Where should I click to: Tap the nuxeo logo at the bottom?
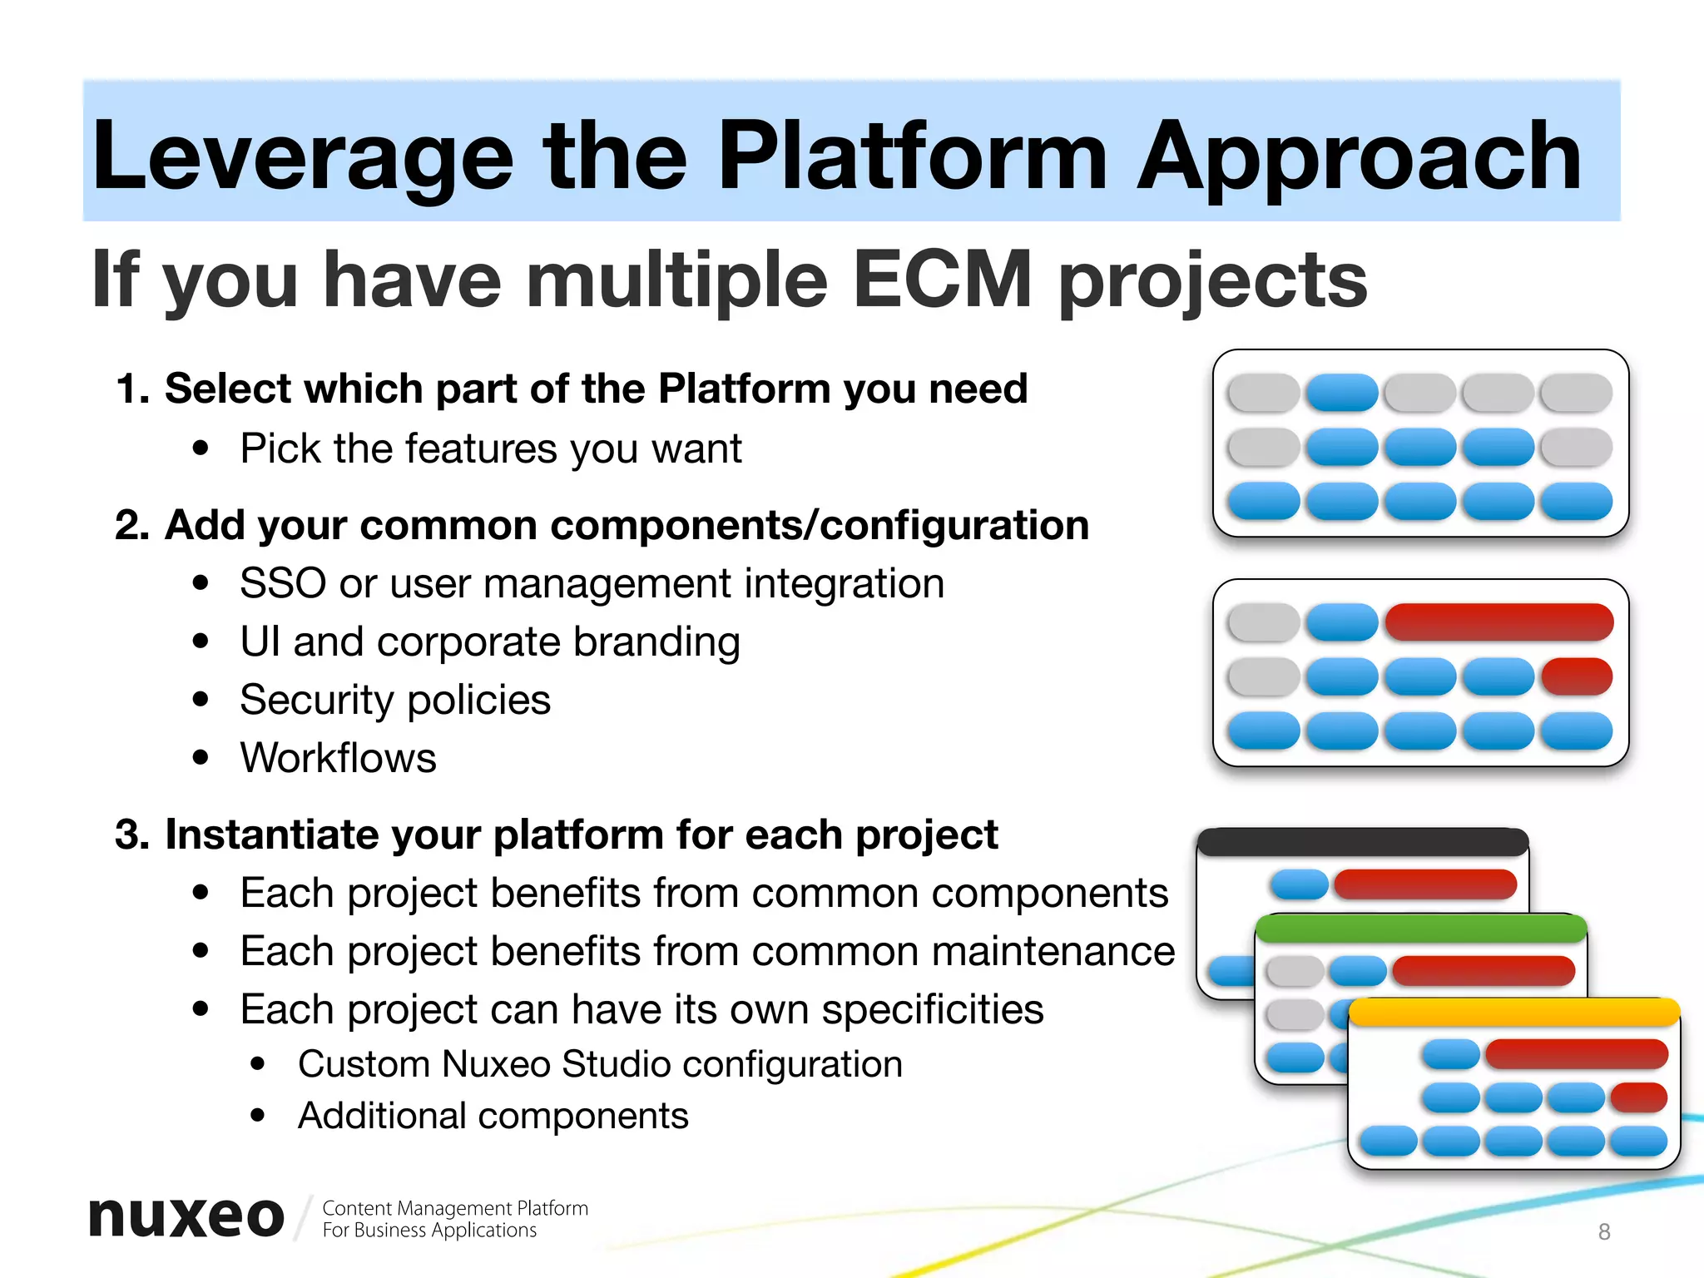186,1217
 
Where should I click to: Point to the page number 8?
1604,1231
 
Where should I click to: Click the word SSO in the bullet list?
282,583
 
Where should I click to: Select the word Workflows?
338,758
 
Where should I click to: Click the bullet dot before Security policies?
200,700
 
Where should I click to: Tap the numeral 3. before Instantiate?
132,835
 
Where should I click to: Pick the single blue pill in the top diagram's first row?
1341,393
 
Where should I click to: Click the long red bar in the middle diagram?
1498,622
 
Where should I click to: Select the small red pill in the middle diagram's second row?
1576,676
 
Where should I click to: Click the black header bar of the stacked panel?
1362,842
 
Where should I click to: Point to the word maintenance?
1053,951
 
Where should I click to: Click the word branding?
656,642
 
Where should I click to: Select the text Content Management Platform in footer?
454,1208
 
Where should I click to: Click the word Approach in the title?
1358,156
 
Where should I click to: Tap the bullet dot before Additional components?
258,1116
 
